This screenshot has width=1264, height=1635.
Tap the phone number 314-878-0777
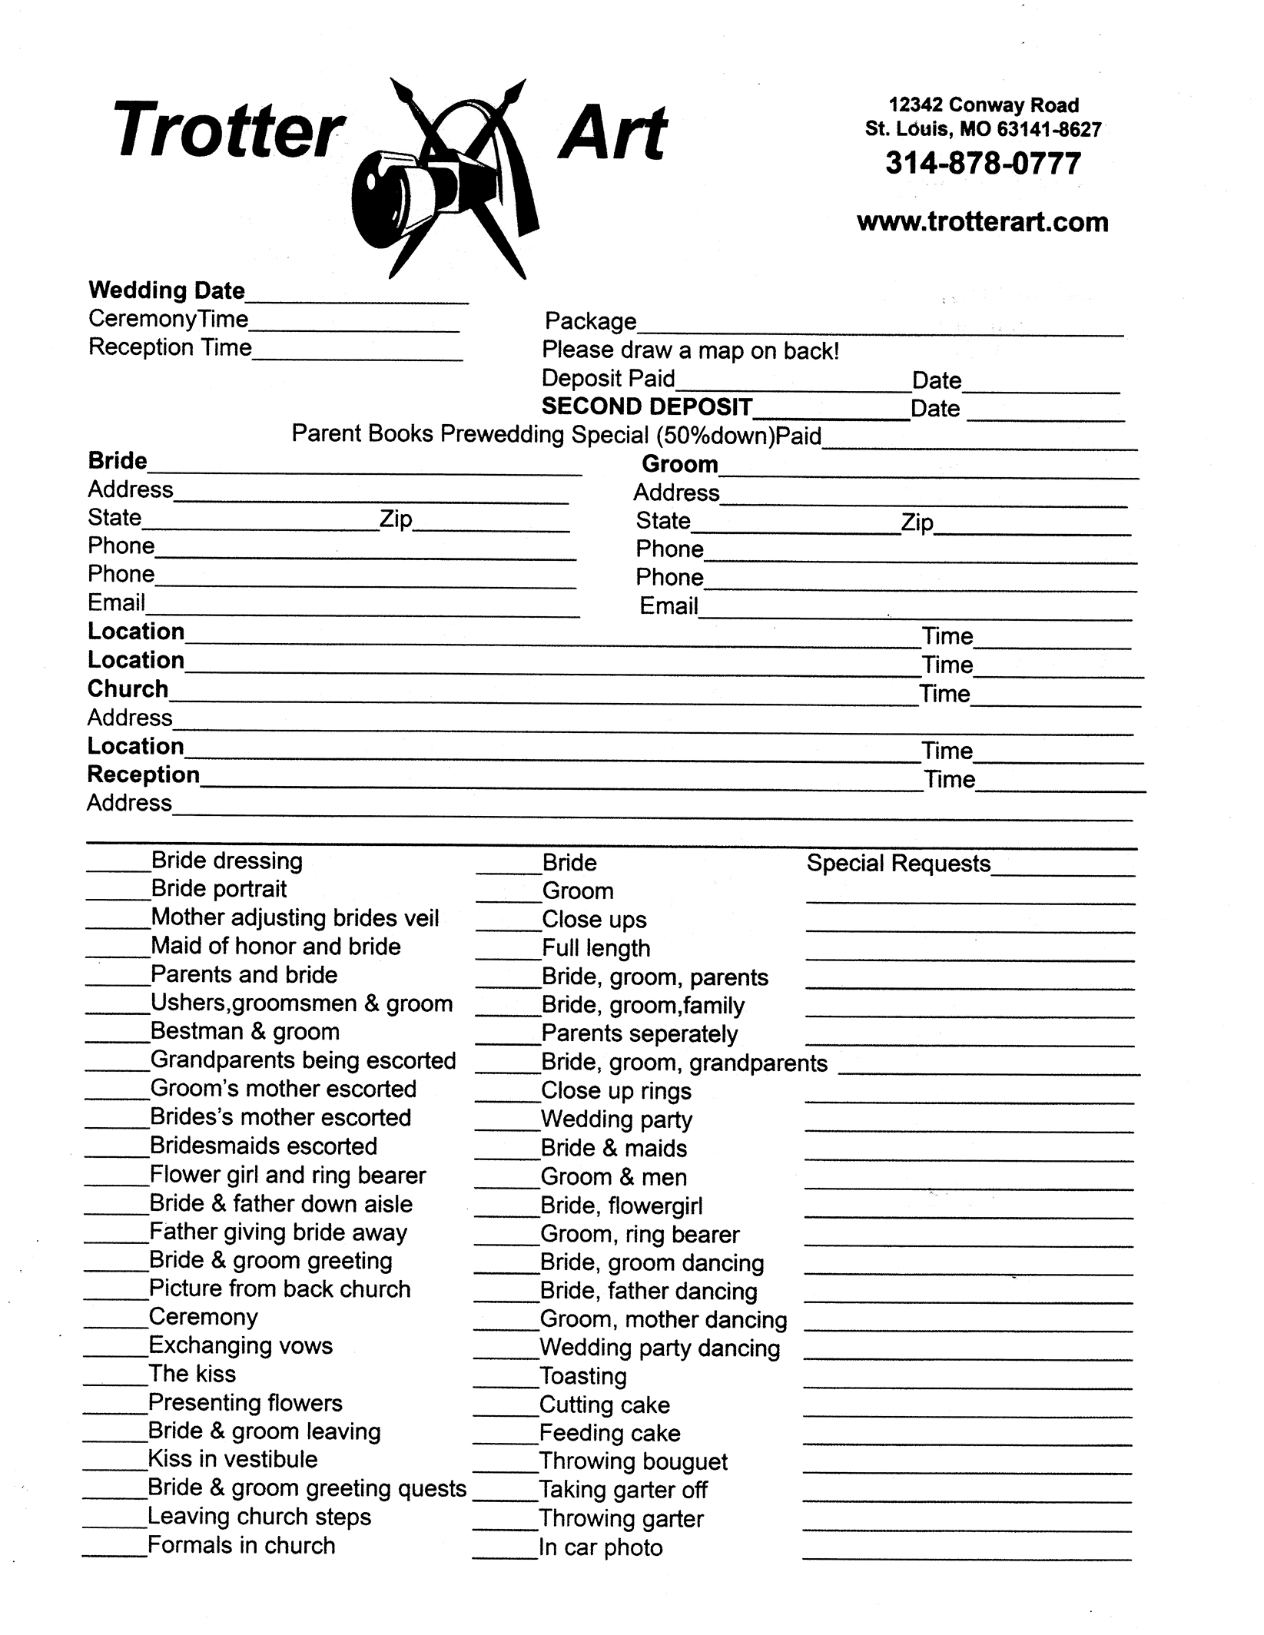point(983,164)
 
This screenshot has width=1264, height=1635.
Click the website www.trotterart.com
point(982,222)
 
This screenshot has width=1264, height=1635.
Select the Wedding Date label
point(167,290)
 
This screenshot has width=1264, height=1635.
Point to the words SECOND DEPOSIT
point(647,406)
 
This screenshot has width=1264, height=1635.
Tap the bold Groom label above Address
point(680,464)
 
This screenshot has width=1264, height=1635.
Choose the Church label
point(128,688)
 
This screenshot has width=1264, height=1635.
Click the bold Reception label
point(144,774)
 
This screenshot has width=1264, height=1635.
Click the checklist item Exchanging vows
point(241,1345)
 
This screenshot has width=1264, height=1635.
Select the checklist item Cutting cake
point(605,1405)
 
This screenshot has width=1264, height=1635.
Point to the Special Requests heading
point(898,864)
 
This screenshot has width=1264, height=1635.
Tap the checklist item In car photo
point(601,1547)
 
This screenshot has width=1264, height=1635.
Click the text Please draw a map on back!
point(691,351)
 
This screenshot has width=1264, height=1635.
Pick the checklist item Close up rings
point(616,1091)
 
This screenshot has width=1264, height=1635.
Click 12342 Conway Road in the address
point(984,105)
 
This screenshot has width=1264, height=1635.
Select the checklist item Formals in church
point(241,1545)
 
